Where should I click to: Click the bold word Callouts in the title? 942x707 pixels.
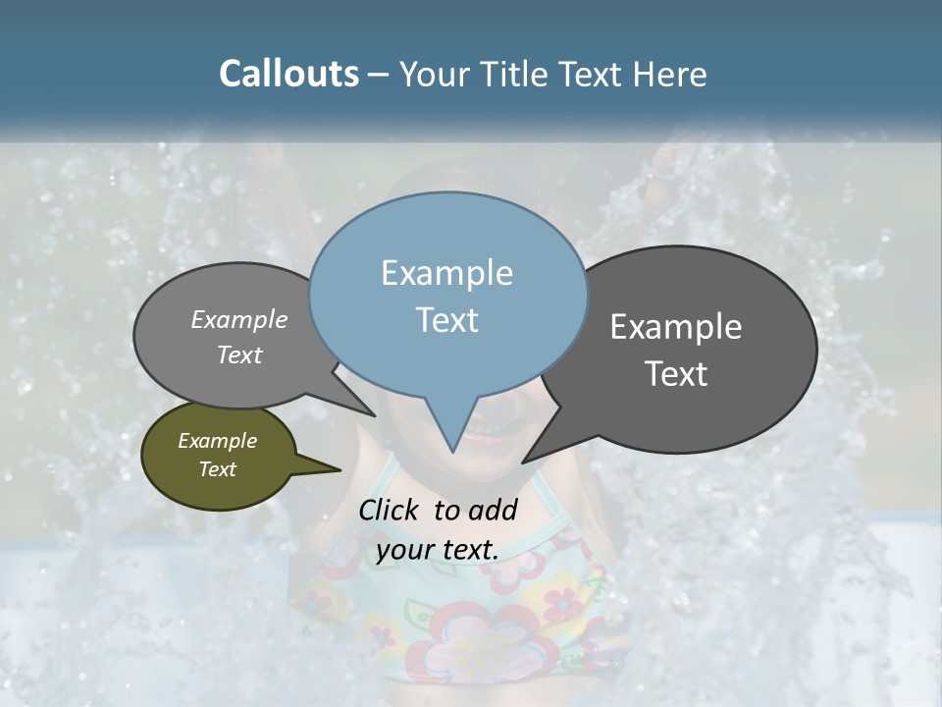(288, 74)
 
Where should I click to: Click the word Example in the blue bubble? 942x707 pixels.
(446, 273)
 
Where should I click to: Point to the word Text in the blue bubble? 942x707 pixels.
(446, 320)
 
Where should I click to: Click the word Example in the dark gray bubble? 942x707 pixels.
(675, 327)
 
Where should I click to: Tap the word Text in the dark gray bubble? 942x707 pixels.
(676, 374)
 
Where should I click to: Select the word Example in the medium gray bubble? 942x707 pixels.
(238, 320)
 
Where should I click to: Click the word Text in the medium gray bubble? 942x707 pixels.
(238, 355)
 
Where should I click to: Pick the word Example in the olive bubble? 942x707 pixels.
(217, 441)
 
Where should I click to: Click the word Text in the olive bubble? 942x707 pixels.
(217, 469)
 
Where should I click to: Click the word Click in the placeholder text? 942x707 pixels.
(389, 510)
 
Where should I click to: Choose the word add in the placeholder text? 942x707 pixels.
(493, 510)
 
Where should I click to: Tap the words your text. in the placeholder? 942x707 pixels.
(437, 550)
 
